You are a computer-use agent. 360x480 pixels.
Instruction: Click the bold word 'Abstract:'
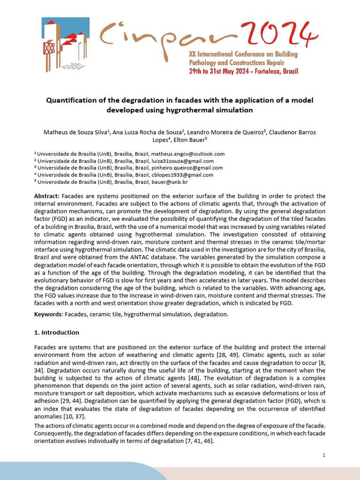[47, 195]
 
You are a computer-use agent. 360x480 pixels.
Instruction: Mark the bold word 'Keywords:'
[49, 314]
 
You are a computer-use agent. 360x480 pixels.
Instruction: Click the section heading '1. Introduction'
[57, 332]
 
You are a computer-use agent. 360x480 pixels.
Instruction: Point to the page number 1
[324, 456]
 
